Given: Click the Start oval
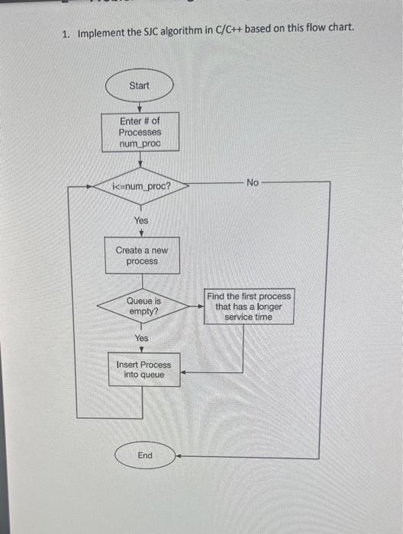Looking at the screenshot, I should [139, 85].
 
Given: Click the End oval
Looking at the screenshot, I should [144, 455].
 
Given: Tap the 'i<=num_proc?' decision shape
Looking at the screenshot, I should [141, 185].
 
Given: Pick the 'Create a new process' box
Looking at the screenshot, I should [142, 256].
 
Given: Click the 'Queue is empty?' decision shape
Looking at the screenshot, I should [143, 306].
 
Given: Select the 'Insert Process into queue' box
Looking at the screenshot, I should [143, 370].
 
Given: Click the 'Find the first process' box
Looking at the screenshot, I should [248, 306].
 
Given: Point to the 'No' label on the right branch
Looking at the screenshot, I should [253, 182].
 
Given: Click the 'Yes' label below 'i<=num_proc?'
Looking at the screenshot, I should [141, 220].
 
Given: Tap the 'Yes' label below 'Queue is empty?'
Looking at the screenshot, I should [142, 338].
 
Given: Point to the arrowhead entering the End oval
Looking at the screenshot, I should [178, 456].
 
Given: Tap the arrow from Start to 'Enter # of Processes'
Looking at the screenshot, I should [139, 107].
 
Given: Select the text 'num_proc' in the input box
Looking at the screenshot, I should [139, 143].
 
